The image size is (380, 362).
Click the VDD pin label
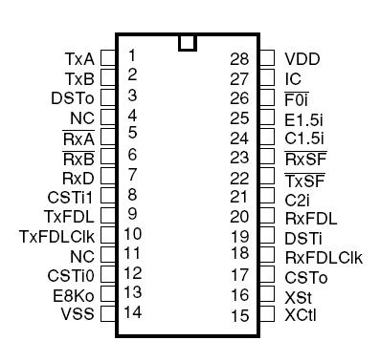302,58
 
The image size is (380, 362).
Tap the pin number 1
131,54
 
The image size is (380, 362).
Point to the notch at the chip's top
188,42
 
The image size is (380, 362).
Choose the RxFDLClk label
324,256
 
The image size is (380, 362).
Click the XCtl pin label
302,314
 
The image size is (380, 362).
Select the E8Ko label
74,294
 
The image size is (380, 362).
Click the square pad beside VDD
269,58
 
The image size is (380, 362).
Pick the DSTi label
302,236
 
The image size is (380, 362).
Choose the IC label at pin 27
293,78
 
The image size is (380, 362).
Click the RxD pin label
77,177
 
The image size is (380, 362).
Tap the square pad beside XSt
269,295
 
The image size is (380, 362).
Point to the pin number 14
133,311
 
